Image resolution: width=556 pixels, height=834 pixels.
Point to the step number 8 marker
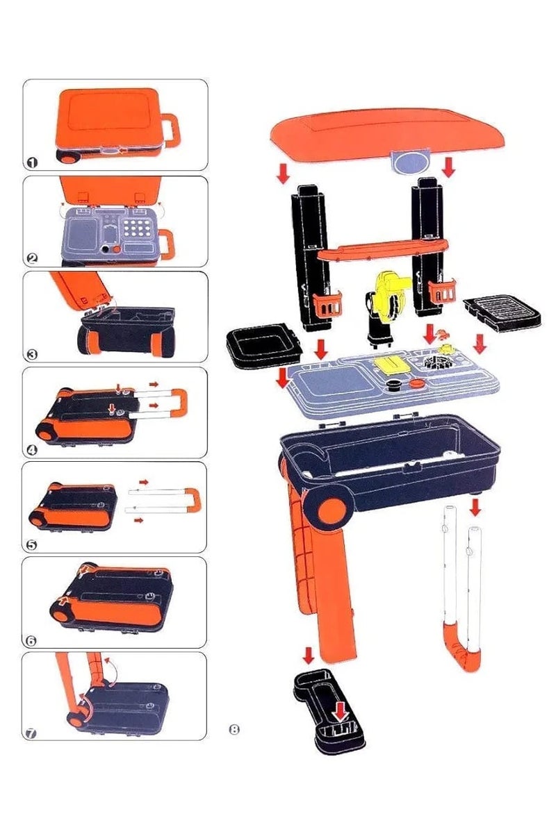click(234, 729)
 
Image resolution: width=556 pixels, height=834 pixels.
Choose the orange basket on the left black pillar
click(326, 304)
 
